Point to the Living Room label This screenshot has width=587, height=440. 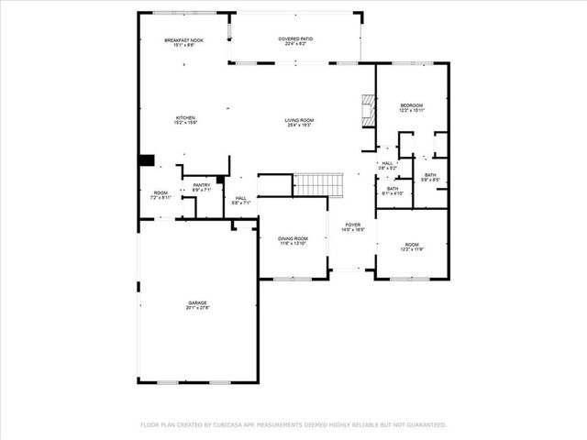[x=299, y=121]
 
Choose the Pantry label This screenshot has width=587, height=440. [x=202, y=186]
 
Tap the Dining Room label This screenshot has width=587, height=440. [x=293, y=240]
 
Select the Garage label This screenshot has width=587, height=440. [x=198, y=303]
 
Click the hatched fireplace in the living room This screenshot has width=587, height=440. [x=368, y=110]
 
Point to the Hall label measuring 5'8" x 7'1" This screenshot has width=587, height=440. [x=240, y=199]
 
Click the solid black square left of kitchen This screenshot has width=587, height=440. [x=145, y=160]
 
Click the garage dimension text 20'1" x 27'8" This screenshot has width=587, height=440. [x=198, y=308]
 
